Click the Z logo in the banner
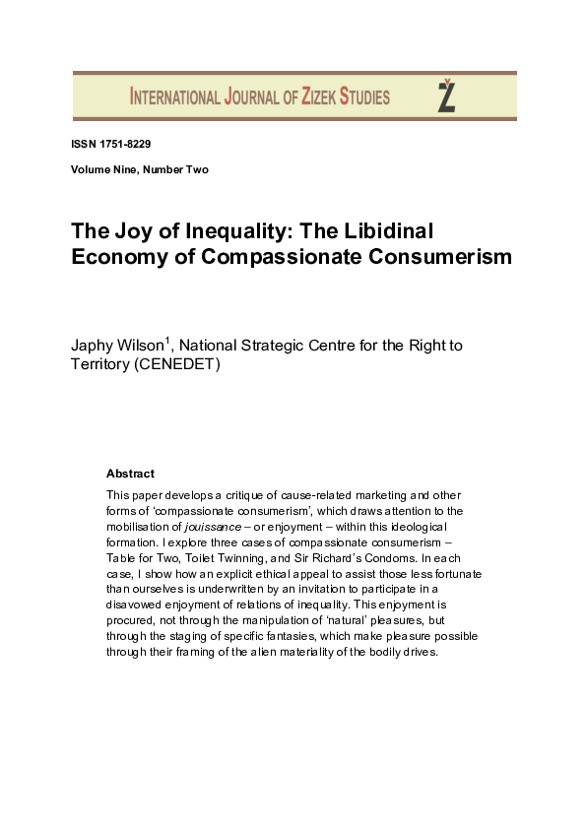(x=446, y=96)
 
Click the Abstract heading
(x=130, y=474)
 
